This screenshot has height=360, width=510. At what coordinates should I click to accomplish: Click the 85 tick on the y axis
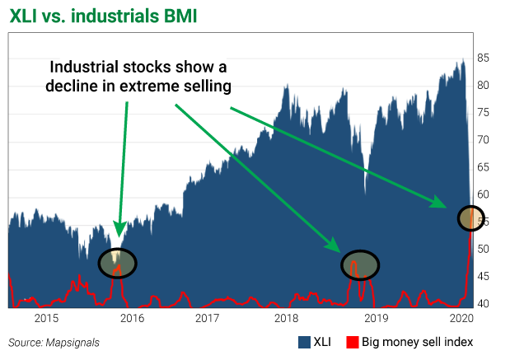pyautogui.click(x=484, y=58)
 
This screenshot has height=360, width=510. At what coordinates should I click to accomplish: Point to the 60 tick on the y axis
pyautogui.click(x=484, y=194)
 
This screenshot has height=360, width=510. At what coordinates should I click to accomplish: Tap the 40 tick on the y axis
pyautogui.click(x=484, y=303)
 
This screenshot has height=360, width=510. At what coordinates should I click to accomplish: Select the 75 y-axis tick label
pyautogui.click(x=484, y=113)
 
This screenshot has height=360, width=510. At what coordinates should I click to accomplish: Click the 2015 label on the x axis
pyautogui.click(x=46, y=317)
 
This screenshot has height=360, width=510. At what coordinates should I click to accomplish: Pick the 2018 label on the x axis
pyautogui.click(x=286, y=317)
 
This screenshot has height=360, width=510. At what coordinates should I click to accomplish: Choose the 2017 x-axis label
pyautogui.click(x=207, y=317)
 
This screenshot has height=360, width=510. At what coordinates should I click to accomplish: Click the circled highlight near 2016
pyautogui.click(x=117, y=263)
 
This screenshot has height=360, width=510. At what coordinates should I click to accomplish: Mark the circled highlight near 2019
pyautogui.click(x=360, y=264)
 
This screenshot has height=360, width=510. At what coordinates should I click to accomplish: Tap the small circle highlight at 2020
pyautogui.click(x=470, y=217)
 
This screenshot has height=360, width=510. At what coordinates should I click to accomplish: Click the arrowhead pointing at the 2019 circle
pyautogui.click(x=335, y=247)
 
